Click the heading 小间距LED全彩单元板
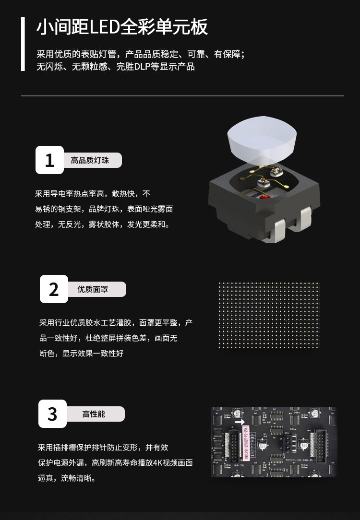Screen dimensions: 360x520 coord(122,27)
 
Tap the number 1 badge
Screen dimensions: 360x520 coord(50,160)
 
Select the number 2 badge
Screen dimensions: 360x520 coord(54,289)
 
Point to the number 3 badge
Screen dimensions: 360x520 coord(52,414)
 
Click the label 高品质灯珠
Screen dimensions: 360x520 coord(90,161)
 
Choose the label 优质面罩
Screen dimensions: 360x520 coord(93,290)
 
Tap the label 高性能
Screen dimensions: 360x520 coord(94,414)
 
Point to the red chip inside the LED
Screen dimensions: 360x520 coord(264,197)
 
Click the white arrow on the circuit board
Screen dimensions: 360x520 coord(240,422)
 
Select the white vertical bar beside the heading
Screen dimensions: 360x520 coord(23,44)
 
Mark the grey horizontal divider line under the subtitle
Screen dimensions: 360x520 coord(182,95)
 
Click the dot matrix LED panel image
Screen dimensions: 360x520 coord(268,315)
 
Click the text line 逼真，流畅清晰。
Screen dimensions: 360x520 coord(67,478)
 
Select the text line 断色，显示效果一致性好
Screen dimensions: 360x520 coord(82,354)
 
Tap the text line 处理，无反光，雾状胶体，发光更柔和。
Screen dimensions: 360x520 coord(103,225)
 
